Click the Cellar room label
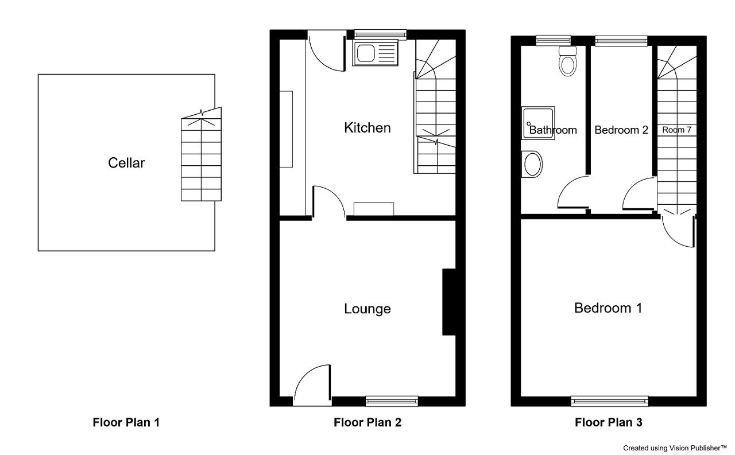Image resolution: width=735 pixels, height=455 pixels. coord(126,163)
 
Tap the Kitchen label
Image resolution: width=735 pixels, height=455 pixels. coord(367,128)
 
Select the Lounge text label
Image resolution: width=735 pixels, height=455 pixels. coord(367,309)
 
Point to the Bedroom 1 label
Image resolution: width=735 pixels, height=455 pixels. coord(608,308)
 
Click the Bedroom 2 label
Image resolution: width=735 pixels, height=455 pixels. coord(621,130)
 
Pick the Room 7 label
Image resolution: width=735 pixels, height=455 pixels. coord(676,130)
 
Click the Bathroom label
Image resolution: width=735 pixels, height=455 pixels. coord(553,130)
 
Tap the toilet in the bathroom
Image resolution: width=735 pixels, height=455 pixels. coord(567,61)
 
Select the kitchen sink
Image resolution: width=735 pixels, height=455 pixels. coord(375,53)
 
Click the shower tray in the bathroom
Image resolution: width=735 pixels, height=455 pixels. coord(538,123)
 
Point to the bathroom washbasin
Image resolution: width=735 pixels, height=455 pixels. coord(532,164)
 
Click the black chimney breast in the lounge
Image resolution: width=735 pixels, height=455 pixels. coord(449,302)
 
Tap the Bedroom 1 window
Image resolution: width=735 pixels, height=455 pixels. coord(609,401)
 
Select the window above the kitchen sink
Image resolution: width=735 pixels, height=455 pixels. coord(380,35)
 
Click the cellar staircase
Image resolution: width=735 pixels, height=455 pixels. coord(201,154)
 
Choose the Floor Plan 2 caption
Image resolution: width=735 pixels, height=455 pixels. coord(367,422)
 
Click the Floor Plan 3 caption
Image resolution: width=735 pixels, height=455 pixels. coord(608,422)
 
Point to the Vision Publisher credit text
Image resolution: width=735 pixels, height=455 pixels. coord(675,448)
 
